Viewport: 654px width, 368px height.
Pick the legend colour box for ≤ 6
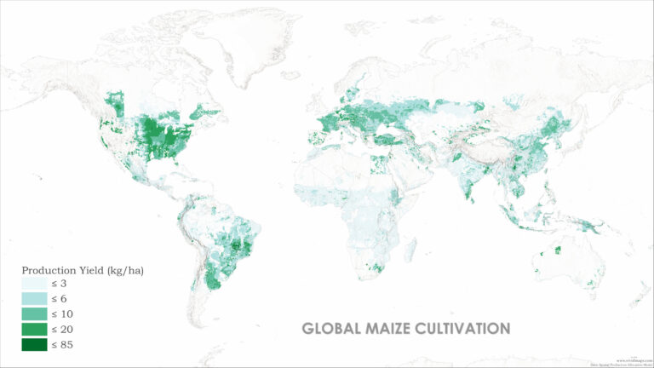(35, 299)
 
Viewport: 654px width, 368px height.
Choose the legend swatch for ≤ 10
(35, 314)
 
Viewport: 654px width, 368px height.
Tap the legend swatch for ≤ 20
(35, 330)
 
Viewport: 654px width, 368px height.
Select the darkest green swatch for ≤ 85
(35, 345)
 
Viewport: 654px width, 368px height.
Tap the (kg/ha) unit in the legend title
(124, 270)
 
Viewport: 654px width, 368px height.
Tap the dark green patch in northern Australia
(558, 250)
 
